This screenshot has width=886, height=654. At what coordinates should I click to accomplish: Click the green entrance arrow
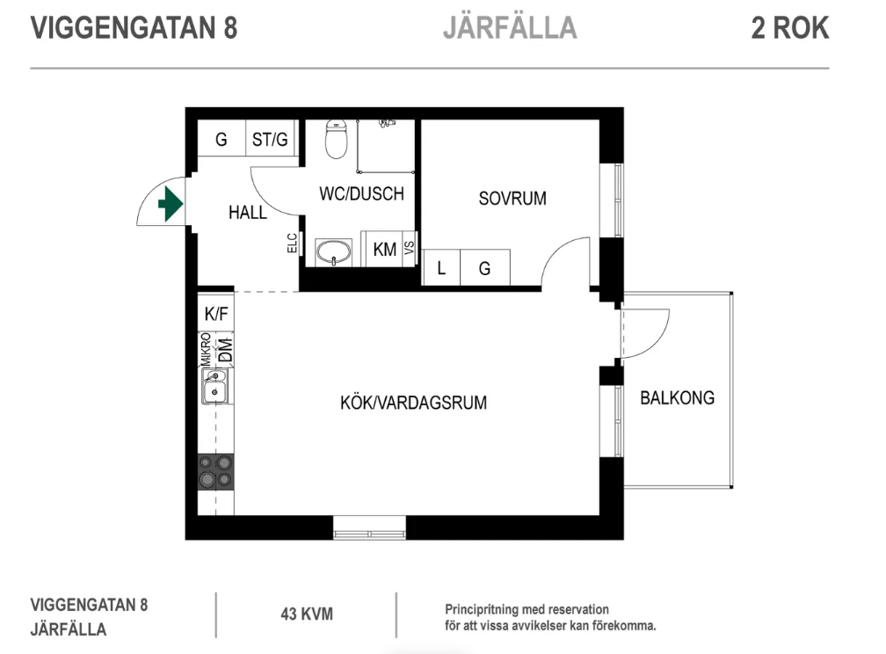pos(170,205)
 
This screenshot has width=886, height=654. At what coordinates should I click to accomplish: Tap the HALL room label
pos(247,213)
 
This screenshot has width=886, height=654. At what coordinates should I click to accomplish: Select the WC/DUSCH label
pos(361,194)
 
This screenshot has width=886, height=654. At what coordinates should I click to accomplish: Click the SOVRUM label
pos(512,199)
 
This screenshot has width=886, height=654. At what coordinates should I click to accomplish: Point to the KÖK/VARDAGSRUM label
pos(413,403)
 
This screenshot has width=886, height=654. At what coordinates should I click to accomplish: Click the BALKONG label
pos(677,398)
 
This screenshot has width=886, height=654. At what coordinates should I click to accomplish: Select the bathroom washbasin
pos(334,252)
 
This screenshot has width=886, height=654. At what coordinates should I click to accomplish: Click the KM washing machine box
pos(384,250)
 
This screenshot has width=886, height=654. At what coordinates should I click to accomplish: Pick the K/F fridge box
pos(216,313)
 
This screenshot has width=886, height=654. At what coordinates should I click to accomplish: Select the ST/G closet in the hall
pos(270,140)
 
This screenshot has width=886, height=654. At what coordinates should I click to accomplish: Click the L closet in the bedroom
pos(441,269)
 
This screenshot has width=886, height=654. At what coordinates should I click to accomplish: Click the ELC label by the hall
pos(292,243)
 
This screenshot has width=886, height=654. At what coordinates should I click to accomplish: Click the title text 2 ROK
pos(789,28)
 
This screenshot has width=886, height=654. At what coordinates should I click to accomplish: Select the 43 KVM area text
pos(306,614)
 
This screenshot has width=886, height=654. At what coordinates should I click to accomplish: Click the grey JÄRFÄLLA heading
pos(509,28)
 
